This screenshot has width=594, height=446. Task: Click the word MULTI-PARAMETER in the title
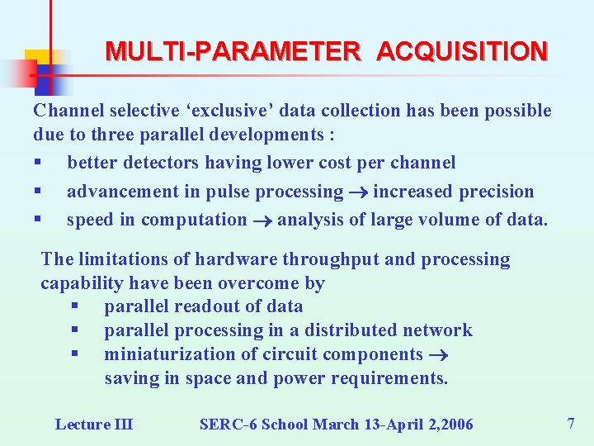233,52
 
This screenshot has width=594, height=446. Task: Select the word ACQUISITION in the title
462,52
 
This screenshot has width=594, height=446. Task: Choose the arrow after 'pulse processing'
359,192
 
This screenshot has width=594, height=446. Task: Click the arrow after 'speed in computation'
262,221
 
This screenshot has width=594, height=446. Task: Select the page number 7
571,424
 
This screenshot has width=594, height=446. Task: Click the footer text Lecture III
94,425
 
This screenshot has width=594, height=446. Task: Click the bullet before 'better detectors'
37,164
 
